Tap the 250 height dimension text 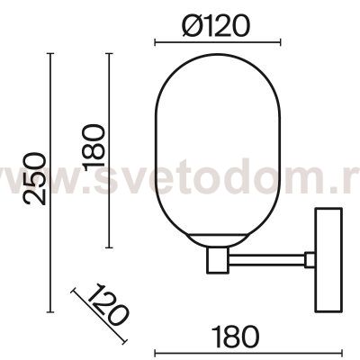coord(35,179)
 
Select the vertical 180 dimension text coord(94,148)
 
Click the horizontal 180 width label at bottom coord(235,337)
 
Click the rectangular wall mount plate coord(328,259)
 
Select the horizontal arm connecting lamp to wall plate coord(266,260)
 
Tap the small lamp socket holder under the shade coord(218,260)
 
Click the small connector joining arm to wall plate coord(310,260)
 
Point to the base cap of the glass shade coord(218,239)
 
